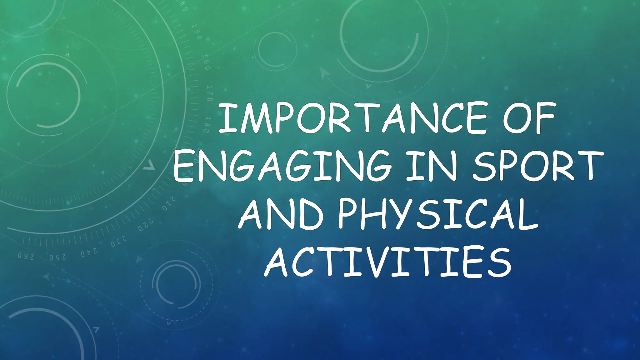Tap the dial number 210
[x=169, y=204]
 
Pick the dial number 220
[x=146, y=225]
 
